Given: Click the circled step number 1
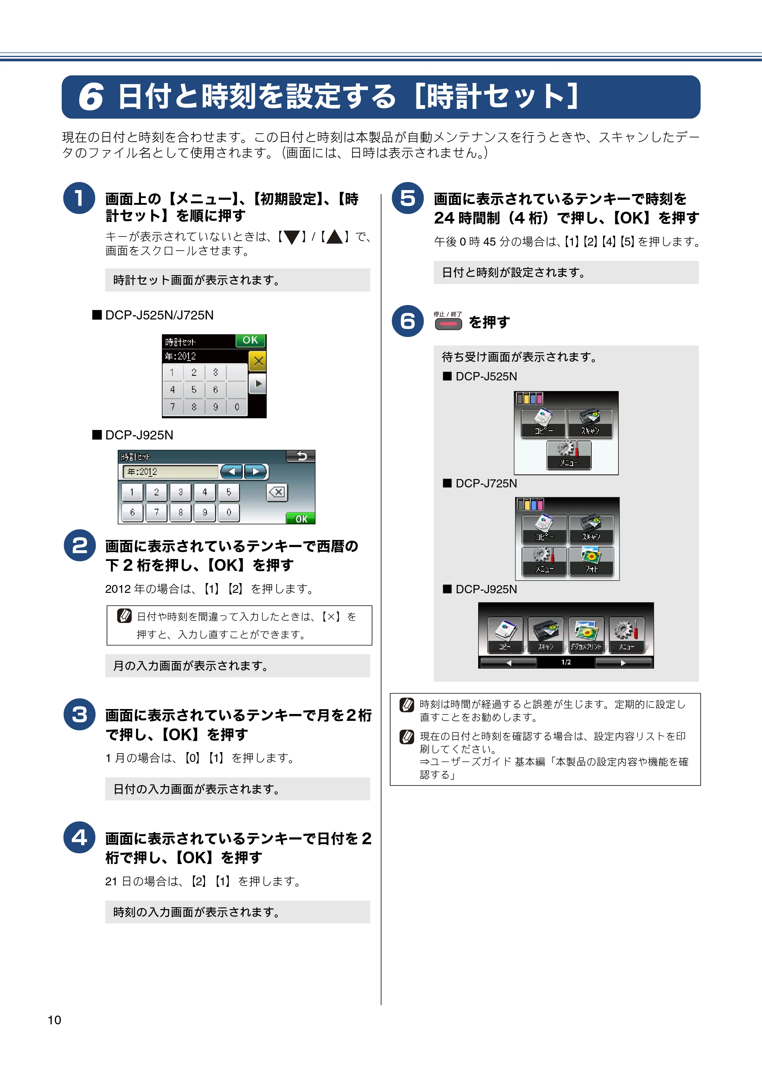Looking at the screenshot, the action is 79,198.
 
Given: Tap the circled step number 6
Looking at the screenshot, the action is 408,321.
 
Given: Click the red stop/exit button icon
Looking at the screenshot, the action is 448,324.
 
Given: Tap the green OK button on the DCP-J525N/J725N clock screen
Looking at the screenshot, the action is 250,340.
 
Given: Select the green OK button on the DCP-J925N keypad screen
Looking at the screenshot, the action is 301,518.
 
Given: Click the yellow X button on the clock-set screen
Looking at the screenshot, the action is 258,361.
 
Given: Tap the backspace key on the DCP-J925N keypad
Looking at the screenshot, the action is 277,492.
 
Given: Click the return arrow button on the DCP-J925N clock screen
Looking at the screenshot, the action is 301,456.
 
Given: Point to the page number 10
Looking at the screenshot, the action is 54,1020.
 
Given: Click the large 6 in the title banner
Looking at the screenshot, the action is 91,97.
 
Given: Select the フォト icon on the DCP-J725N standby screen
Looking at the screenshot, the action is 591,561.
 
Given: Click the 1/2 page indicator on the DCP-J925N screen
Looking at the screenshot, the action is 566,662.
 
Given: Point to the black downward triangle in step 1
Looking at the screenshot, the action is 292,238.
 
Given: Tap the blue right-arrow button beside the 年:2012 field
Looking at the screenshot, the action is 256,471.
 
